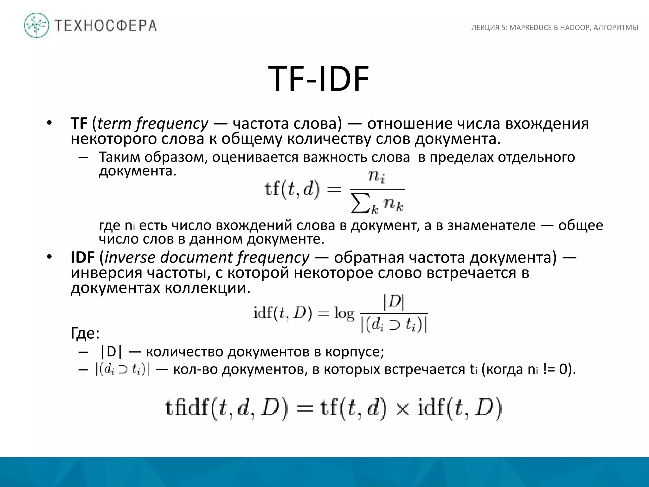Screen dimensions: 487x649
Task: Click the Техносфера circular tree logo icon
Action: tap(37, 25)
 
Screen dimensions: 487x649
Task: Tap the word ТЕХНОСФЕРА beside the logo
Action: tap(106, 25)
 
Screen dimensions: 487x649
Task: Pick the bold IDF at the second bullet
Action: tap(82, 257)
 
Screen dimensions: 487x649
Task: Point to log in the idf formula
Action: tap(344, 314)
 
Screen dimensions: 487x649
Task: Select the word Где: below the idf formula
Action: tap(85, 333)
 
